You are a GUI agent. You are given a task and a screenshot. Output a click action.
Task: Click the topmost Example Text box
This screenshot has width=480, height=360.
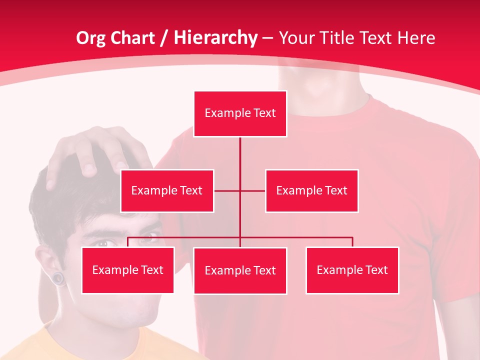[x=240, y=113]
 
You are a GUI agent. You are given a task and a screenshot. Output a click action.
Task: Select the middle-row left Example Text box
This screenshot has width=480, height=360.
[x=167, y=190]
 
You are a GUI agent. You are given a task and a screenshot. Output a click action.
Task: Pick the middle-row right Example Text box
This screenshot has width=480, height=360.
[x=311, y=190]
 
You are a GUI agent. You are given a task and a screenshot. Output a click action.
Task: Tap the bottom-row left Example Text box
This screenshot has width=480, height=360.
[x=127, y=270]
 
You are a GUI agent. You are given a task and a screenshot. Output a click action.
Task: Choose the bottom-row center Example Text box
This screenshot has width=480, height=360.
[x=240, y=270]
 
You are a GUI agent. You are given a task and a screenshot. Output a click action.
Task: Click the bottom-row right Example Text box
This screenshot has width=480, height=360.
[x=352, y=270]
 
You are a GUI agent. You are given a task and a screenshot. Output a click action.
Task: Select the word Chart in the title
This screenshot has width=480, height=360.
[x=132, y=38]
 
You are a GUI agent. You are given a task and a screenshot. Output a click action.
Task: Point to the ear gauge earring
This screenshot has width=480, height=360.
[x=59, y=277]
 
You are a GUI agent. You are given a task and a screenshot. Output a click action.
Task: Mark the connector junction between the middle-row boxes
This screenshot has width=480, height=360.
[x=240, y=190]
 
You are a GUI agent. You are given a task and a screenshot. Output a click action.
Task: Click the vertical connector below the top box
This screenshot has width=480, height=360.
[x=240, y=152]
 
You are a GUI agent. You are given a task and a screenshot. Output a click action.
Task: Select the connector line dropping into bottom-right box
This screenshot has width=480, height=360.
[x=352, y=242]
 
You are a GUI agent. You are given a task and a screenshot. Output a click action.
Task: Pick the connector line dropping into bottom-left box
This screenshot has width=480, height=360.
[x=127, y=242]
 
